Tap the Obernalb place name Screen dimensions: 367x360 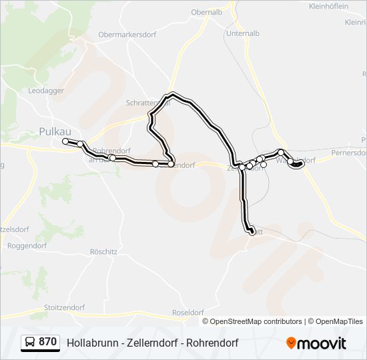point(207,12)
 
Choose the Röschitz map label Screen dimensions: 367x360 point(103,252)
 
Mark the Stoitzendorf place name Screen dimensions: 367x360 point(64,307)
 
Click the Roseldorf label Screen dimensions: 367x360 point(188,312)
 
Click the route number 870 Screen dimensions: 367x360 point(47,342)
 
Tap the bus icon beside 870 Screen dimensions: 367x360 point(30,343)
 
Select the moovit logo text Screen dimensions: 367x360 point(322,343)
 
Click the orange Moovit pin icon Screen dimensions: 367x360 point(292,343)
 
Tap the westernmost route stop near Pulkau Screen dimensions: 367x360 point(65,141)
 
